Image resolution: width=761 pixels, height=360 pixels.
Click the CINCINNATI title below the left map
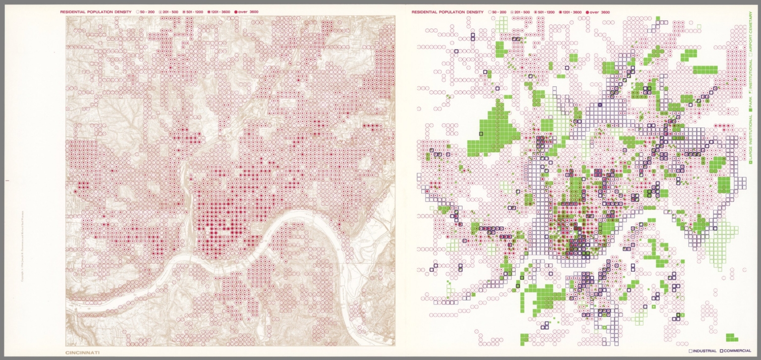coord(83,353)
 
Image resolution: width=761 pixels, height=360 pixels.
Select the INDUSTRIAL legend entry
coord(704,351)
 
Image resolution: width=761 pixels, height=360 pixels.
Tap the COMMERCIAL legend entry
coord(738,351)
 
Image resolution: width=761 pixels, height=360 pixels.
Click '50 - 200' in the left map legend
coord(148,11)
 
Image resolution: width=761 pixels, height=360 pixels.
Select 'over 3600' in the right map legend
coord(599,12)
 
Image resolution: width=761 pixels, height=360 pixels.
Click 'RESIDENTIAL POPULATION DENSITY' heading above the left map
coord(95,11)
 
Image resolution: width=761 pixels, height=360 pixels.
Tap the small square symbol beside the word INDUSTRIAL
coord(691,351)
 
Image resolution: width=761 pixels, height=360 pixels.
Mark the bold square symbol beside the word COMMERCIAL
coord(722,351)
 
